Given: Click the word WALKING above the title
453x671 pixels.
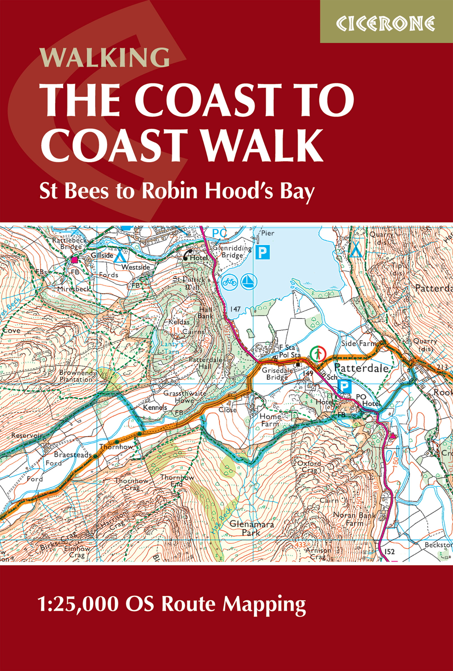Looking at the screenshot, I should [x=104, y=57].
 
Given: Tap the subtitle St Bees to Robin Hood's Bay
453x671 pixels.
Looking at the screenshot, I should [x=177, y=191].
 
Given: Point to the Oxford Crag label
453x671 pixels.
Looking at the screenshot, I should [x=309, y=467].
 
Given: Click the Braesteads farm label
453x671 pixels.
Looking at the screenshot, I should [x=72, y=455].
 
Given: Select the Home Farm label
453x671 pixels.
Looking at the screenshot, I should [x=270, y=420].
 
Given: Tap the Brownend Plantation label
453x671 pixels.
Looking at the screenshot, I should [x=76, y=376].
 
